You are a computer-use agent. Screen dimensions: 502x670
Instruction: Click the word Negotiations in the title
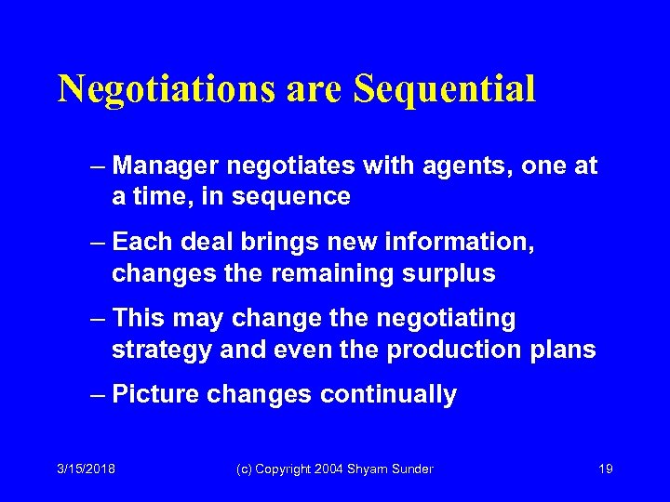click(166, 90)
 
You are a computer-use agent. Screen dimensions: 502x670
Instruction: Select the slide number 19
click(605, 469)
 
